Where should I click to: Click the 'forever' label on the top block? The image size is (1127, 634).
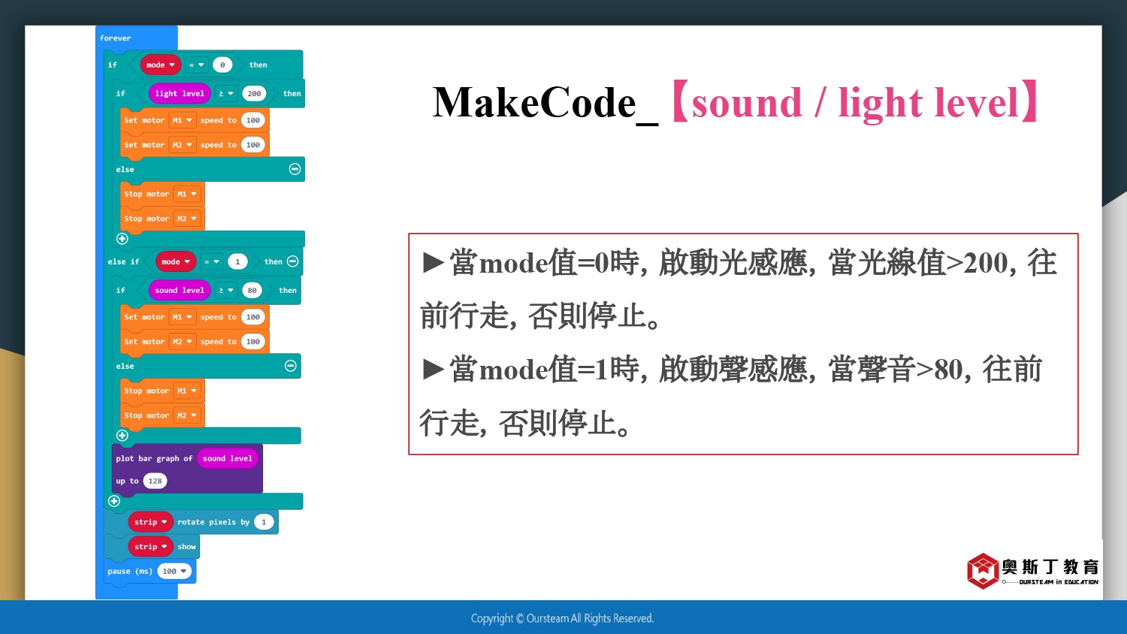[115, 38]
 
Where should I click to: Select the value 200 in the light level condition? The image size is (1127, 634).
[254, 94]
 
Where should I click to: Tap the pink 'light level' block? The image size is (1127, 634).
[179, 94]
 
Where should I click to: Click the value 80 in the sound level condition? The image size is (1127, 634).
[252, 290]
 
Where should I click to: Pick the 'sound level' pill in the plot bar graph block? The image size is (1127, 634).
[228, 458]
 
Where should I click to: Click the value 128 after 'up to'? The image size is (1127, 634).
[155, 481]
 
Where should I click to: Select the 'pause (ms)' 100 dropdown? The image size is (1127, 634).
[174, 571]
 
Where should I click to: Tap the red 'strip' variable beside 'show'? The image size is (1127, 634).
[150, 546]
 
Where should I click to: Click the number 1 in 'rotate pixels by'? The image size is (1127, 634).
[264, 522]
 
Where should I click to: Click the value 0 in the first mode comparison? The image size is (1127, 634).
[222, 65]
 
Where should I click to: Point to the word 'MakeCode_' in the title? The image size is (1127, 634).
[545, 104]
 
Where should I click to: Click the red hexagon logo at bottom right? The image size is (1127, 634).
[982, 571]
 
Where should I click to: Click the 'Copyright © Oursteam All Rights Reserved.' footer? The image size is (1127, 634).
[562, 618]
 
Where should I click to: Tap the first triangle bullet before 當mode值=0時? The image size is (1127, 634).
[434, 263]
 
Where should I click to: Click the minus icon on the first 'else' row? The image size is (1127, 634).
[295, 169]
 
